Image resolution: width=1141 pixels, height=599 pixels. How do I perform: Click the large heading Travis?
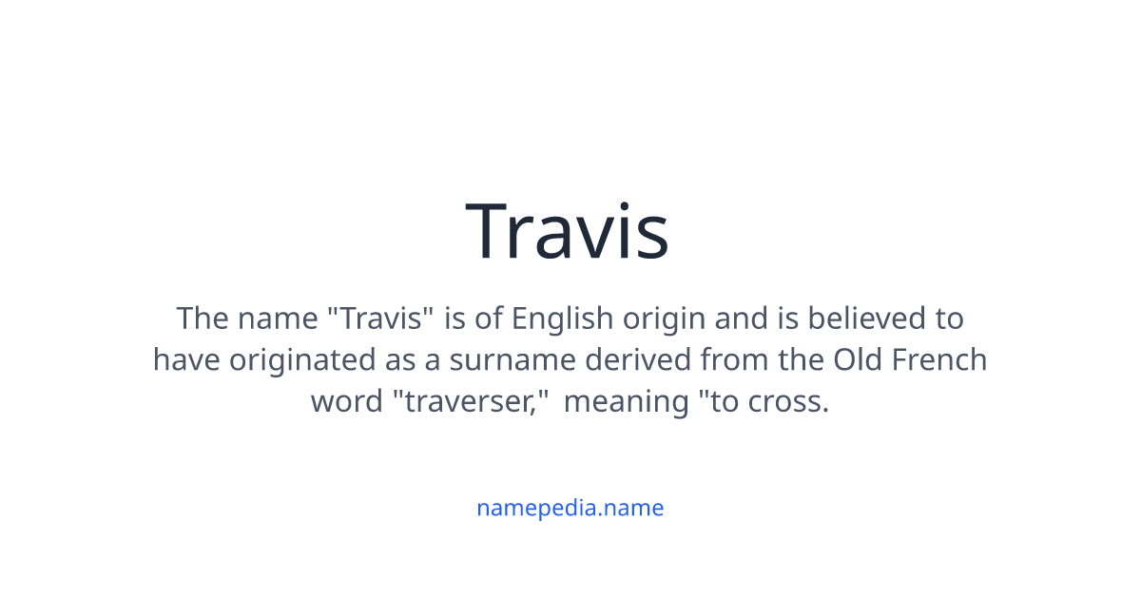tap(568, 231)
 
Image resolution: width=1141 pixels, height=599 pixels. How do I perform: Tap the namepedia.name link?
tap(570, 508)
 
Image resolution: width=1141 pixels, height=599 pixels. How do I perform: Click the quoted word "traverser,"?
tap(473, 402)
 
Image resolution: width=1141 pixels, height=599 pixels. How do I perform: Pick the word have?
tap(186, 360)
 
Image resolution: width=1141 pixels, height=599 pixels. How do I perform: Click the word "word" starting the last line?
tap(347, 402)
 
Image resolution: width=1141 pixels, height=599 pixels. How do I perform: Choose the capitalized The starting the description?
tap(203, 318)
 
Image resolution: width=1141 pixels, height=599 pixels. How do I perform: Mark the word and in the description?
tap(741, 318)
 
